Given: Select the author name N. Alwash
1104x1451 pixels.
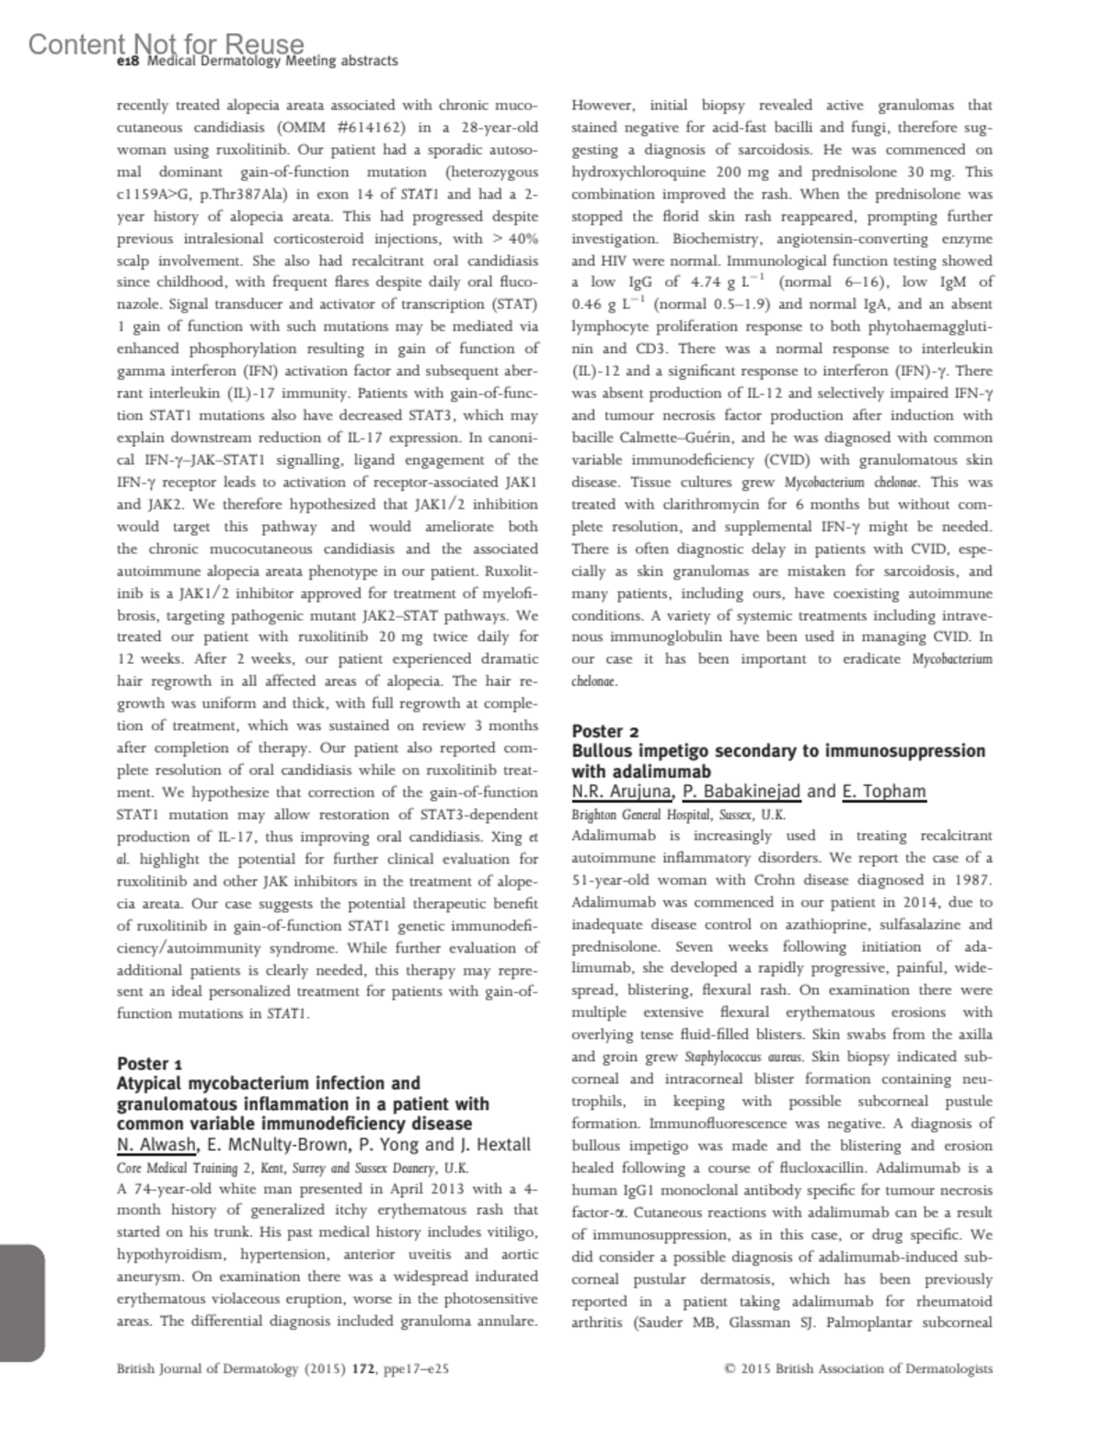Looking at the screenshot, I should tap(156, 1145).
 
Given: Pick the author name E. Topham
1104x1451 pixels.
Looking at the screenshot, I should tap(884, 791).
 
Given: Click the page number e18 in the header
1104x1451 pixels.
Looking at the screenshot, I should tap(127, 61).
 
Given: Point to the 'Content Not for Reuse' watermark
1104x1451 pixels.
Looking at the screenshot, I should tap(166, 43).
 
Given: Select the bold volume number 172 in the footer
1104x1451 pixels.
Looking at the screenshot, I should tap(352, 1368).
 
